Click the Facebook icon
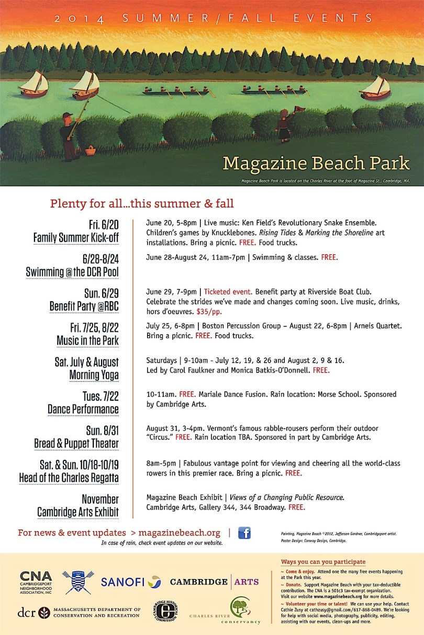click(244, 533)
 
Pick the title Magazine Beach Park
click(316, 163)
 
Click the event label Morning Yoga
click(94, 375)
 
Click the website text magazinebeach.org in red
click(181, 533)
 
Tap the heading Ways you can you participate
click(323, 562)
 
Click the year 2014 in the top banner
click(79, 19)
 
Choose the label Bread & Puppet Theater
click(77, 444)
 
